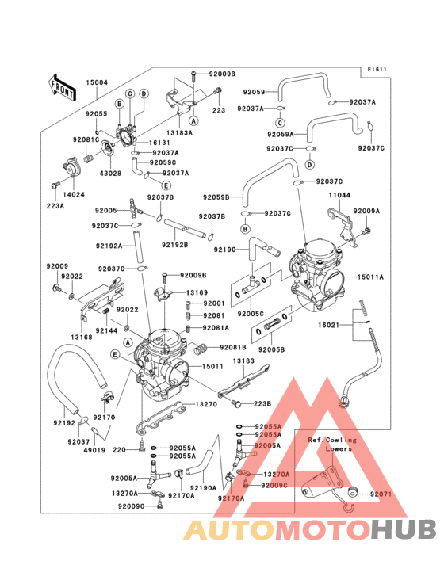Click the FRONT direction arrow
pos(63,86)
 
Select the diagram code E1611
pos(377,70)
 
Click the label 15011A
pos(369,277)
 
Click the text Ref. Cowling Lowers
pos(332,444)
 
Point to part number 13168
pos(81,337)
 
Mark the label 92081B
pos(234,347)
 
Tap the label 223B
pos(262,403)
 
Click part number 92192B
pos(175,245)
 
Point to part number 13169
pos(197,292)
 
